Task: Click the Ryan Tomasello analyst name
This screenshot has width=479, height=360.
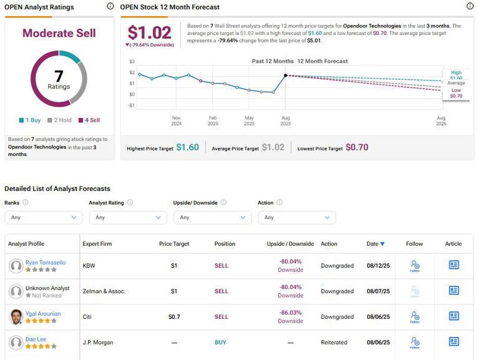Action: point(45,262)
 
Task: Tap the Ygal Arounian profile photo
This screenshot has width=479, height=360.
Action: point(16,317)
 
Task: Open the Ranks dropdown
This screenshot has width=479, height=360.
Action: point(43,217)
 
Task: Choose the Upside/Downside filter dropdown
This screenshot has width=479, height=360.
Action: point(212,217)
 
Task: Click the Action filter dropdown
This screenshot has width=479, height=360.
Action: point(296,217)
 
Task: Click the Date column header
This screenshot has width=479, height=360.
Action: point(375,244)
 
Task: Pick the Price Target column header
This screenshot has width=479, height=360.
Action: point(174,244)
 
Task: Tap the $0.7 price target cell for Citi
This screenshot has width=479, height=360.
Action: point(174,316)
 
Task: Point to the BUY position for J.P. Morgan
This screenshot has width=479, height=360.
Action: point(221,342)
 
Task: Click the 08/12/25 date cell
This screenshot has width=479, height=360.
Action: point(378,265)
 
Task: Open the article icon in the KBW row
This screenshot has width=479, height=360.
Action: point(453,265)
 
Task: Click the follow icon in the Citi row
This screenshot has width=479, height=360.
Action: point(415,316)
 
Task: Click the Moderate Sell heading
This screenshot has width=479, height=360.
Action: point(59,33)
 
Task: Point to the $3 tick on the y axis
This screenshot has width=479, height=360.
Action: point(132,62)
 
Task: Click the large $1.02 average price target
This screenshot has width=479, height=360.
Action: point(149,32)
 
